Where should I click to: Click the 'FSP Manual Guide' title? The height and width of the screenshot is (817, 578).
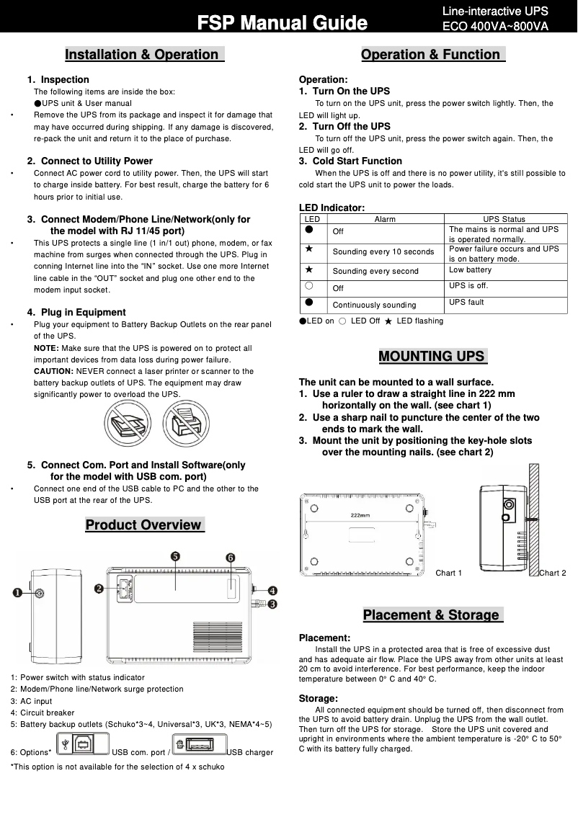coord(283,23)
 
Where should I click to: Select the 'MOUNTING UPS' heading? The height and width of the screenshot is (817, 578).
coord(432,356)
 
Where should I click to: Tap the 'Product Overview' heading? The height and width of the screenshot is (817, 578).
coord(144,524)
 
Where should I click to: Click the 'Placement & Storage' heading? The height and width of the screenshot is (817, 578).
coord(432,615)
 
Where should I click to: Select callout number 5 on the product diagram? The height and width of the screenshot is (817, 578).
coord(175,555)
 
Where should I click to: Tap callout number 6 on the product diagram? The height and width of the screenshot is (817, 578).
coord(230,558)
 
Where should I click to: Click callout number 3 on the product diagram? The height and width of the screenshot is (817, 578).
coord(272,604)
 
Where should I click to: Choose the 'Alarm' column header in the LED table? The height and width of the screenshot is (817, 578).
coord(385,219)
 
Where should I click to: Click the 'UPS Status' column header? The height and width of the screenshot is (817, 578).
coord(504,219)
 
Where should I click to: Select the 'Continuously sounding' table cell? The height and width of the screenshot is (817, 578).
coord(374,305)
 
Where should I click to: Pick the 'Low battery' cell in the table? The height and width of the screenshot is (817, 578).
coord(470,269)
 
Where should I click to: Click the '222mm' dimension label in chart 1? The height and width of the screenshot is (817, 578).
coord(360,515)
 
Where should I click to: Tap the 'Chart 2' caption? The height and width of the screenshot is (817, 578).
coord(552,573)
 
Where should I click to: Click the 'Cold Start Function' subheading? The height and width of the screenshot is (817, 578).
coord(357,161)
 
